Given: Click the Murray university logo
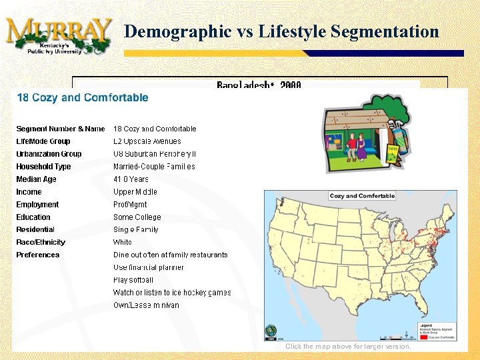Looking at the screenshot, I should [x=59, y=36].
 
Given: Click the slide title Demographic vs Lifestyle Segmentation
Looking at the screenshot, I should [x=281, y=31].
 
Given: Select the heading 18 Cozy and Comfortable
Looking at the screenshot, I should [x=82, y=97].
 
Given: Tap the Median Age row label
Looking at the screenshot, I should [x=36, y=179].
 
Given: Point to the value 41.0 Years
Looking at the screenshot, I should [x=131, y=179].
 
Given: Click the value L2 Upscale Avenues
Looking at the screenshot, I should [x=147, y=141].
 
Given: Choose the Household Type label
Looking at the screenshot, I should [x=43, y=167].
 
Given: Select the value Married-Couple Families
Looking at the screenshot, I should [x=154, y=167].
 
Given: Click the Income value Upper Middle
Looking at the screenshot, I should [x=135, y=192].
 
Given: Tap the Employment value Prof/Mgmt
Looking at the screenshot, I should [x=130, y=205].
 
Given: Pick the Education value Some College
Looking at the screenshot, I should [x=137, y=217].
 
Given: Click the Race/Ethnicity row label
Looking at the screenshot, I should [x=41, y=243].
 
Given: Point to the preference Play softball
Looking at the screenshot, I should [x=133, y=280].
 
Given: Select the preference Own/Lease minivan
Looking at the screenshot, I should [x=146, y=305].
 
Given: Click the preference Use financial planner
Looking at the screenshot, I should [x=148, y=267].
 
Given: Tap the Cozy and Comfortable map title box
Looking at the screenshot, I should [x=362, y=196].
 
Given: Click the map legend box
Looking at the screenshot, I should [x=437, y=332].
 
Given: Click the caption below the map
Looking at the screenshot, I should [x=348, y=347].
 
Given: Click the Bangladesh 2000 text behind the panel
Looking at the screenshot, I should [x=259, y=85].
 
